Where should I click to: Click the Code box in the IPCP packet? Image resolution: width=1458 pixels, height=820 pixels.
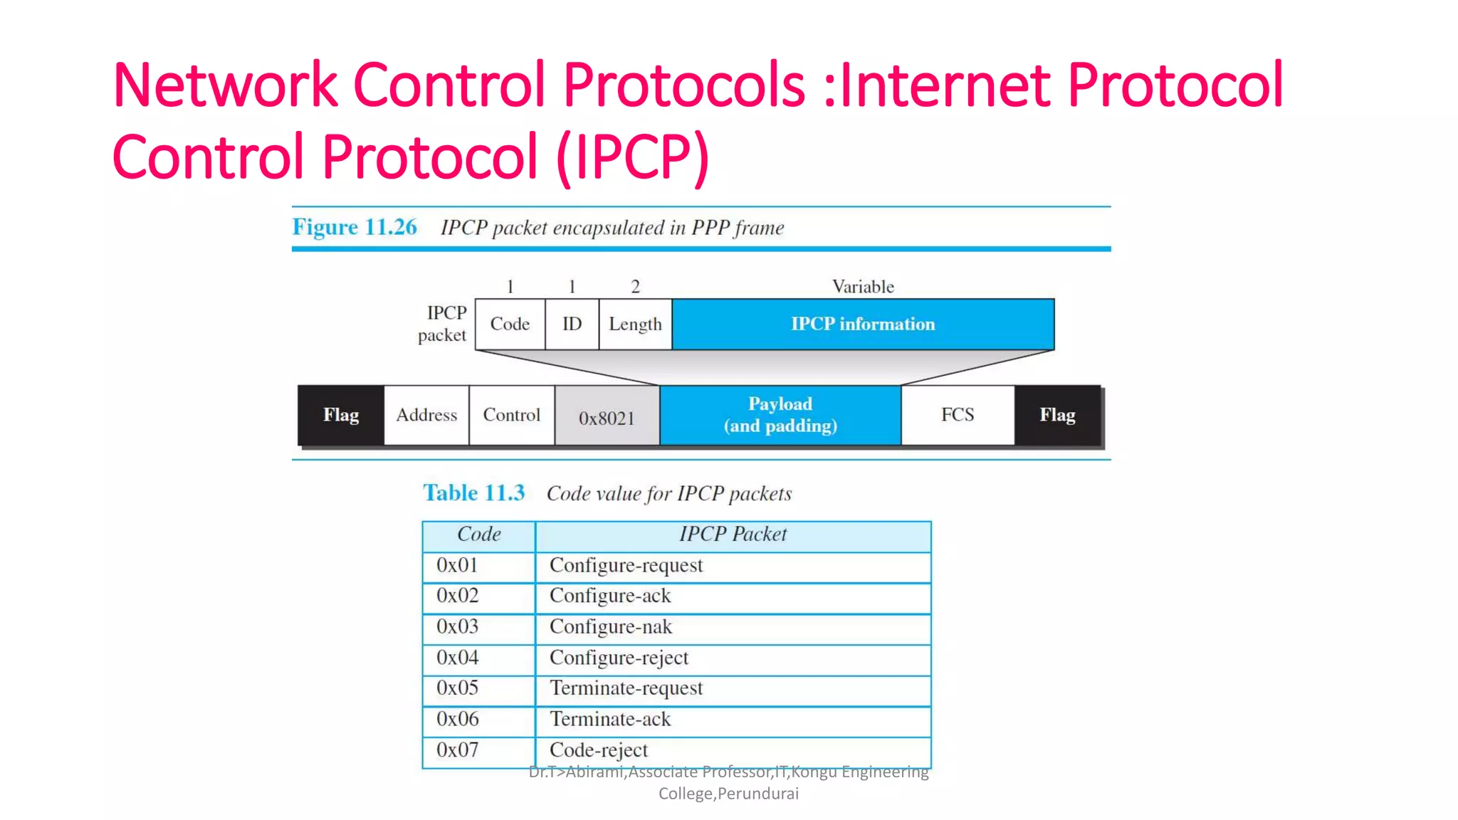(510, 324)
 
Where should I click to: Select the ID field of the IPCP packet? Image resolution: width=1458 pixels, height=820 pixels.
(572, 324)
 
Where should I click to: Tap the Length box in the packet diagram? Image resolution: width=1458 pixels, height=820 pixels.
(635, 324)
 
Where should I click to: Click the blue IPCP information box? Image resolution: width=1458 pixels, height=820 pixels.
(863, 324)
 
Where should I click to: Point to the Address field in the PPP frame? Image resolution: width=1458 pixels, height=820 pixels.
(426, 415)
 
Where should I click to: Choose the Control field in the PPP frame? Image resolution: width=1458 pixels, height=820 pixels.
(511, 415)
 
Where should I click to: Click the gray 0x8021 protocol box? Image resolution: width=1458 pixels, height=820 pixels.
(607, 417)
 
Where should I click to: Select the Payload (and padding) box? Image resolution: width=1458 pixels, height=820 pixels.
(780, 415)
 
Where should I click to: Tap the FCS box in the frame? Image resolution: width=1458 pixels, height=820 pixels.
(958, 415)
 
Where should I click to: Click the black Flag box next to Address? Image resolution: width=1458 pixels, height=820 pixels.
(341, 415)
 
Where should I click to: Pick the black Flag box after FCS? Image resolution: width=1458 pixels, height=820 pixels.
(1057, 415)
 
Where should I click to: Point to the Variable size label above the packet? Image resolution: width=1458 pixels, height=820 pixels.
(863, 287)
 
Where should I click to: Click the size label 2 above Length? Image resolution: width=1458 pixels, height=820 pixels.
(635, 287)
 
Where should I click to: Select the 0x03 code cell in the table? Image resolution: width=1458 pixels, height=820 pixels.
(458, 627)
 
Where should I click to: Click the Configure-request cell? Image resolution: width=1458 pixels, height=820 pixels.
(626, 566)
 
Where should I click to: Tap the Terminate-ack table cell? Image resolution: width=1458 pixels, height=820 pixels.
(610, 720)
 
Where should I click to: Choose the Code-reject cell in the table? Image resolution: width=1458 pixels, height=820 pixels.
(599, 750)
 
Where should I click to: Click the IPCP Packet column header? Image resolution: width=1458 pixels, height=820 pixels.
(733, 535)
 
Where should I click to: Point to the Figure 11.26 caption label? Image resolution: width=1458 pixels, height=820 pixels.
(355, 227)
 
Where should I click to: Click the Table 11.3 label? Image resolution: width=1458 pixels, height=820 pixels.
(473, 493)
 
